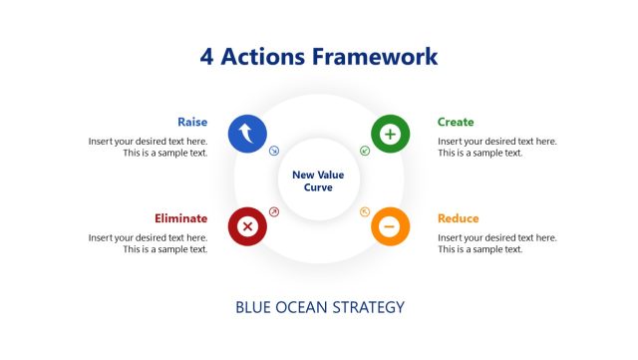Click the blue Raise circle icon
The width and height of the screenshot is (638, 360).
[x=247, y=134]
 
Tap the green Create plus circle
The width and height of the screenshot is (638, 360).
[x=390, y=134]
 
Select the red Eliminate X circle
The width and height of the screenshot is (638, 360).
[x=247, y=226]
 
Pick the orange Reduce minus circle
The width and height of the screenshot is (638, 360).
[x=390, y=226]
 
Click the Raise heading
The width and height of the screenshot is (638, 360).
[x=192, y=122]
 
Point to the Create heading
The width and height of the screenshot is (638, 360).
[x=456, y=122]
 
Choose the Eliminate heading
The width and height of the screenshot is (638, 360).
[x=180, y=218]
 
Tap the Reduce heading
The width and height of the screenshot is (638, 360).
[x=459, y=218]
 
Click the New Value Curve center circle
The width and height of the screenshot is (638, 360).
[x=318, y=180]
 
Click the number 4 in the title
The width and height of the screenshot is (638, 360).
[x=206, y=56]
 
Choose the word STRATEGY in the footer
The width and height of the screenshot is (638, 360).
[x=370, y=307]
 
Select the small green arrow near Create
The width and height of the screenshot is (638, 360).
[x=365, y=151]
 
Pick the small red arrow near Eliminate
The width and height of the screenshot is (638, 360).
[x=274, y=211]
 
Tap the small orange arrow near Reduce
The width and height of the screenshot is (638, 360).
[x=365, y=211]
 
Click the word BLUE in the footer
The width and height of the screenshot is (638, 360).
[x=254, y=307]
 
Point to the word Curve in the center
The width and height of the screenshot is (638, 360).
[x=318, y=187]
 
